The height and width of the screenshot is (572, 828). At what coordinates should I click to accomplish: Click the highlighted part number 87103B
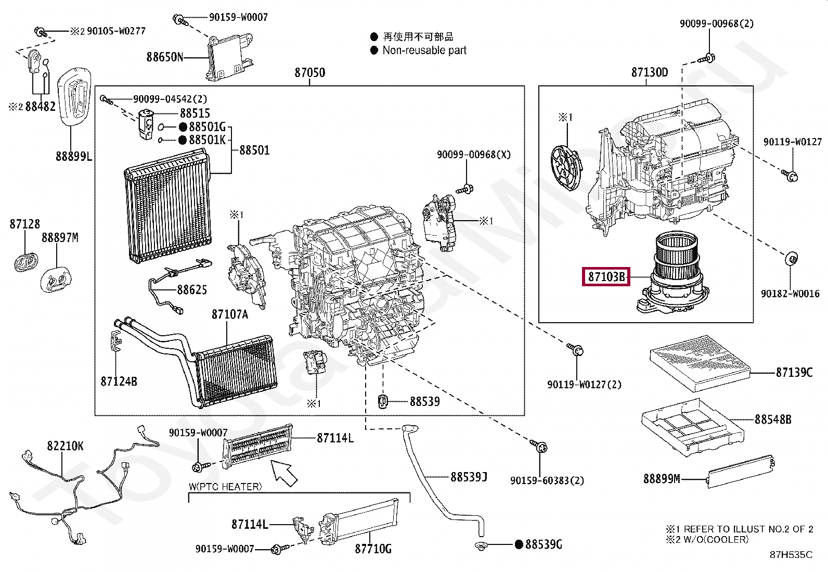pyautogui.click(x=606, y=277)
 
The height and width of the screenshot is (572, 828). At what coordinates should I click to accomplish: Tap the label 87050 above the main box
pyautogui.click(x=310, y=72)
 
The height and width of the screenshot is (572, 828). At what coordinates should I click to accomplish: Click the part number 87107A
pyautogui.click(x=229, y=314)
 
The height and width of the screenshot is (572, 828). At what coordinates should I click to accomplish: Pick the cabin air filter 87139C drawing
pyautogui.click(x=700, y=363)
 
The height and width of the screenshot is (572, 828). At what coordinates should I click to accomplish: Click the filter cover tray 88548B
pyautogui.click(x=693, y=427)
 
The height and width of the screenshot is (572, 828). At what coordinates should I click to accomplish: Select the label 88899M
pyautogui.click(x=662, y=479)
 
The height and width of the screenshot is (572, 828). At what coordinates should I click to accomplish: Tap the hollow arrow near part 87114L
pyautogui.click(x=284, y=473)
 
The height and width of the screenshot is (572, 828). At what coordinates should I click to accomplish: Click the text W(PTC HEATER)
pyautogui.click(x=225, y=487)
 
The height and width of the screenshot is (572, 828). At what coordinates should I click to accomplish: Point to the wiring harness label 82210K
pyautogui.click(x=65, y=446)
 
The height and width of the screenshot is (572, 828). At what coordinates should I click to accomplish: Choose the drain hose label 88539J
pyautogui.click(x=469, y=477)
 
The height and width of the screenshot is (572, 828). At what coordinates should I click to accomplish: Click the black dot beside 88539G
pyautogui.click(x=519, y=544)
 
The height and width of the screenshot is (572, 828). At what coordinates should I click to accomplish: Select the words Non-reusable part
pyautogui.click(x=424, y=50)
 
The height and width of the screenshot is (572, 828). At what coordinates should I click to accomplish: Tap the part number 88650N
pyautogui.click(x=165, y=57)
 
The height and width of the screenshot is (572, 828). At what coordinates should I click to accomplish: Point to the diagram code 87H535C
pyautogui.click(x=791, y=555)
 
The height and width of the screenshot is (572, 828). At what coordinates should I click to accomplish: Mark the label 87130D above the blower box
pyautogui.click(x=650, y=72)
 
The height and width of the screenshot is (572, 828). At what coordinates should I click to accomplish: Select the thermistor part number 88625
pyautogui.click(x=192, y=290)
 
